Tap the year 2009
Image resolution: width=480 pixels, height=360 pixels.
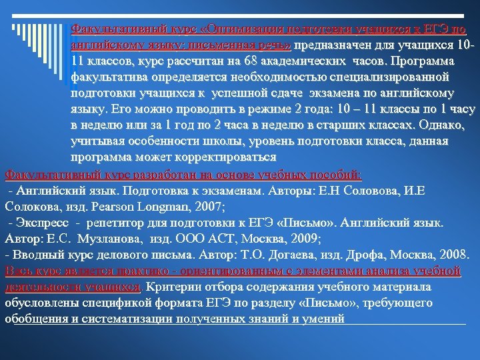coord(304,238)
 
